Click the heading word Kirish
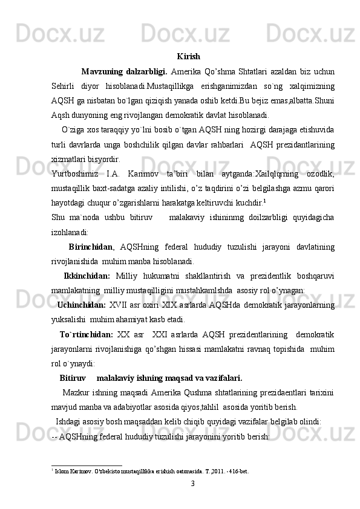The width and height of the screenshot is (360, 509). pyautogui.click(x=189, y=57)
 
